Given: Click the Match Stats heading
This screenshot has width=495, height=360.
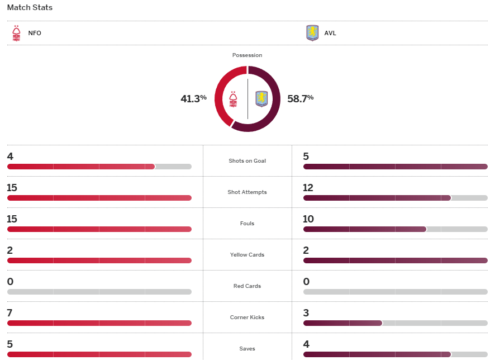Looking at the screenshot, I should pos(30,8).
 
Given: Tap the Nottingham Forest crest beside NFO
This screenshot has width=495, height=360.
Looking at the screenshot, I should pos(16,33).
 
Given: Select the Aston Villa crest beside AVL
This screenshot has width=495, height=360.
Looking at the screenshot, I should pos(312,33).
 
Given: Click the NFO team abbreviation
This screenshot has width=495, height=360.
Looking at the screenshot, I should pos(35,33).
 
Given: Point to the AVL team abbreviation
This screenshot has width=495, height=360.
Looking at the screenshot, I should pos(330,33).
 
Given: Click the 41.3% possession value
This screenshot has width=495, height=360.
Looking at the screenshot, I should pos(193,99).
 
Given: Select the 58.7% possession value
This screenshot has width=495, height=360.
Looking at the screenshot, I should pos(300,99).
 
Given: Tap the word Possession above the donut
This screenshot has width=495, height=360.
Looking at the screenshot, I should pos(247,55).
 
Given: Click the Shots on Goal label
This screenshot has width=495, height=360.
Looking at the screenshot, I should pos(247,161).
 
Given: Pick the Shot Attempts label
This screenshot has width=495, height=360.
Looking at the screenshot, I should pos(247,192).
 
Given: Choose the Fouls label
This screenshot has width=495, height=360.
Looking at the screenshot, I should pos(247,224).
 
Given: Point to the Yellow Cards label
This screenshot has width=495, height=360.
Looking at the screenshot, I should pos(247,255).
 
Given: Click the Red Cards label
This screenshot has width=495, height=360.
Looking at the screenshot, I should pos(247,286).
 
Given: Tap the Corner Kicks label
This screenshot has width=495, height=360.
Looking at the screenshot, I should pos(247,318).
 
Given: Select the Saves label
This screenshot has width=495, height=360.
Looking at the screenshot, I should pos(247,349).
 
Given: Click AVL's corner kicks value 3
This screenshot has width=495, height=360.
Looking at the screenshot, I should pos(306,313).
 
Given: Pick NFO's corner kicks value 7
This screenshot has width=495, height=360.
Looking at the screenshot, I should pos(10,313).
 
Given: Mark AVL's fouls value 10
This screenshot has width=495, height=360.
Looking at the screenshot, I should pos(308,219).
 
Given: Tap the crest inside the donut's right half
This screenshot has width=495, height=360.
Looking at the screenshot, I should pos(261,99).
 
